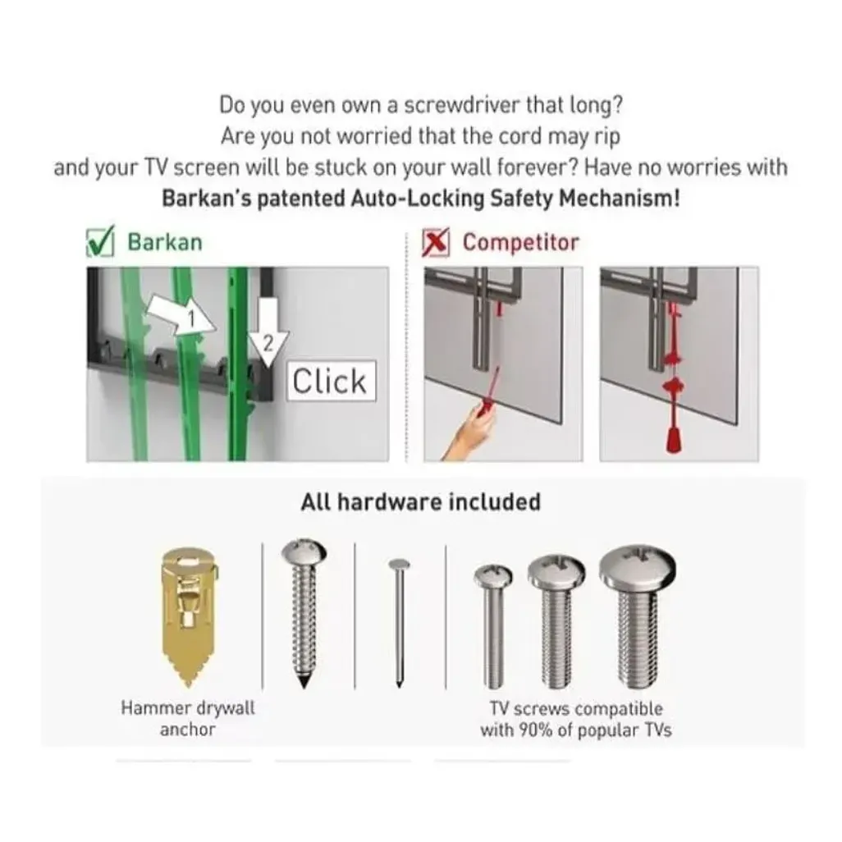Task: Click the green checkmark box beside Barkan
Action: point(100,241)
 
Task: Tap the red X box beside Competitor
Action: point(436,243)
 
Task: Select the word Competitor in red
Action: point(521,242)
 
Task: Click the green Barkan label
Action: point(165,242)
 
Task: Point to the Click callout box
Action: point(331,381)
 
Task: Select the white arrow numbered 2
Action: point(268,333)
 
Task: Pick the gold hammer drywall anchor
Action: point(189,617)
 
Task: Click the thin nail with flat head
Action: point(399,624)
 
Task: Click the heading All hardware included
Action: point(420,502)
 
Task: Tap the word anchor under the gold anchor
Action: point(187,730)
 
